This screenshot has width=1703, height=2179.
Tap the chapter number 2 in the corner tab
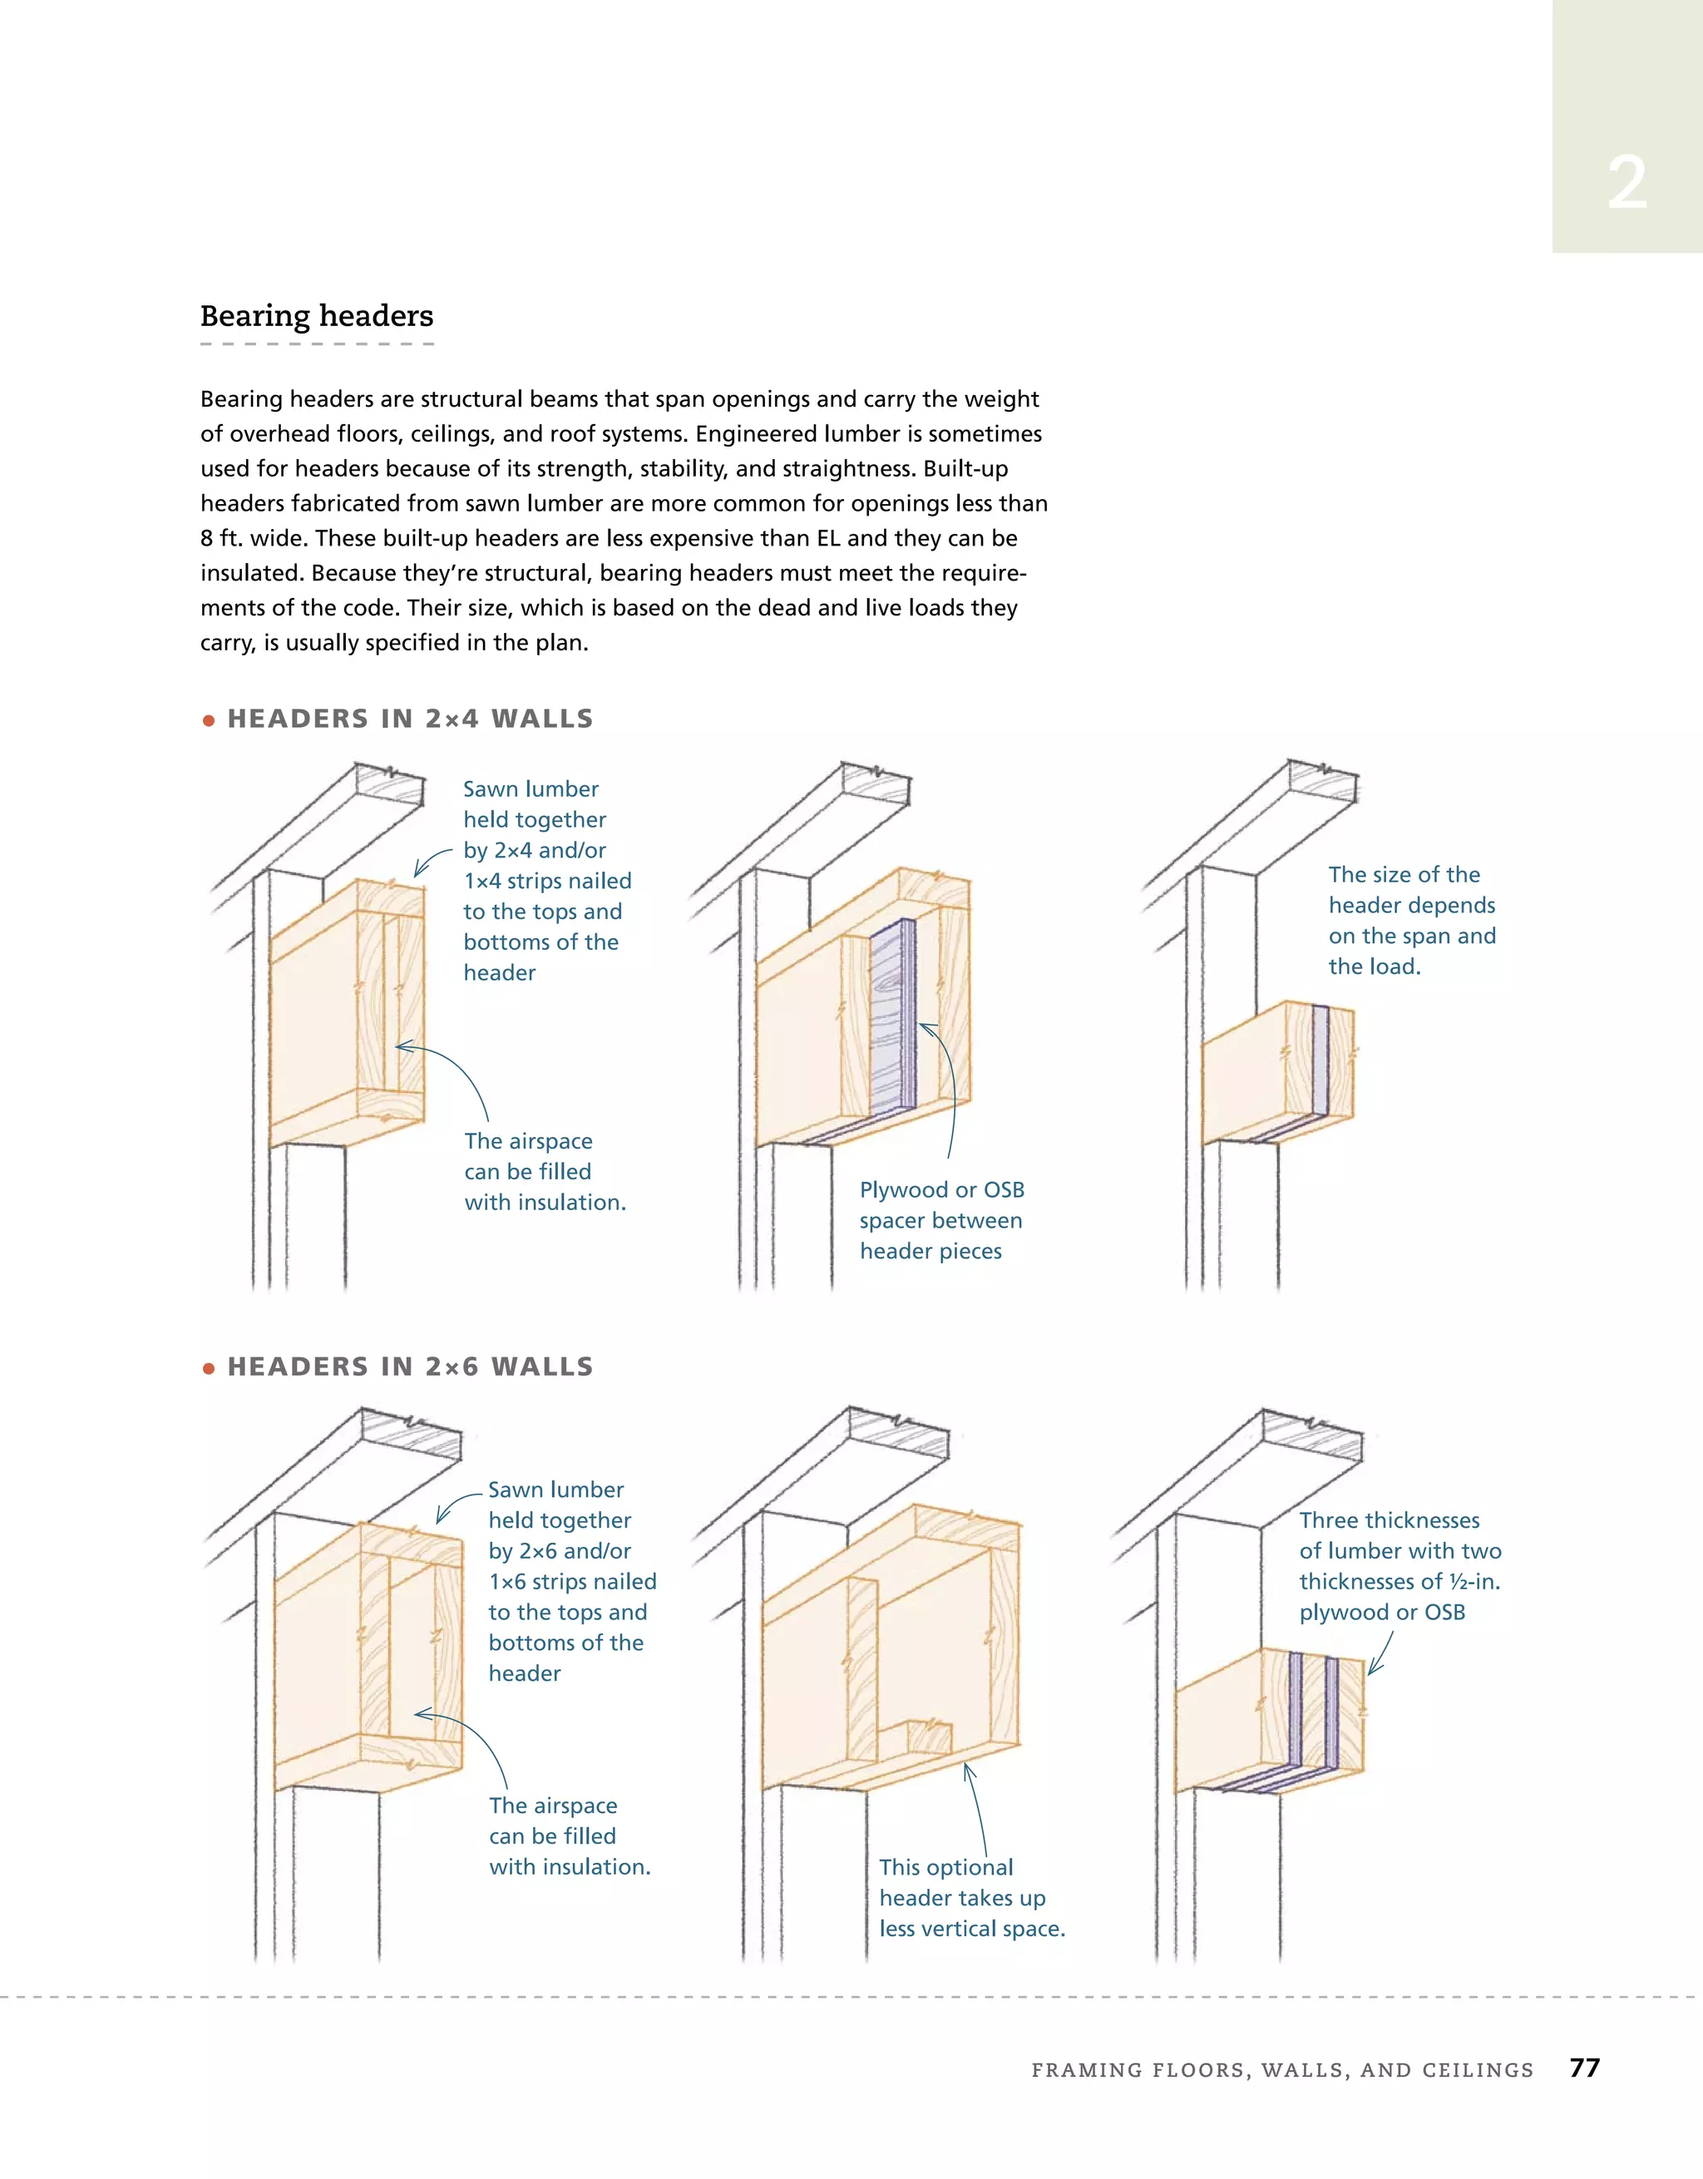tap(1626, 185)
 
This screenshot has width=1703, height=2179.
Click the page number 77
tap(1584, 2068)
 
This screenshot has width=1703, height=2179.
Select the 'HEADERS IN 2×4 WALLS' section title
tap(410, 719)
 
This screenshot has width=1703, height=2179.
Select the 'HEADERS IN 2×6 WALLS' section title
tap(410, 1366)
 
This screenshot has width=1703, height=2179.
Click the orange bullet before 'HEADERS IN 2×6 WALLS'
tap(209, 1369)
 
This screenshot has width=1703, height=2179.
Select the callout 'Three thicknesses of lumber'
tap(1399, 1565)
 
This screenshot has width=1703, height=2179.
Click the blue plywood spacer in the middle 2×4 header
tap(893, 1018)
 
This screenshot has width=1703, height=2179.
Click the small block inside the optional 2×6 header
tap(928, 1736)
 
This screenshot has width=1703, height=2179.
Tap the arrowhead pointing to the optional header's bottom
tap(968, 1770)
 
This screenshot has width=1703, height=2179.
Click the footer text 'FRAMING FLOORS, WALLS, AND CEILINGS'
tap(1282, 2070)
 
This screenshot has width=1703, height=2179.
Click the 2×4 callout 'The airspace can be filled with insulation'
tap(544, 1171)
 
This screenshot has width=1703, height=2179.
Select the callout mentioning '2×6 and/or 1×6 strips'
tap(571, 1581)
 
